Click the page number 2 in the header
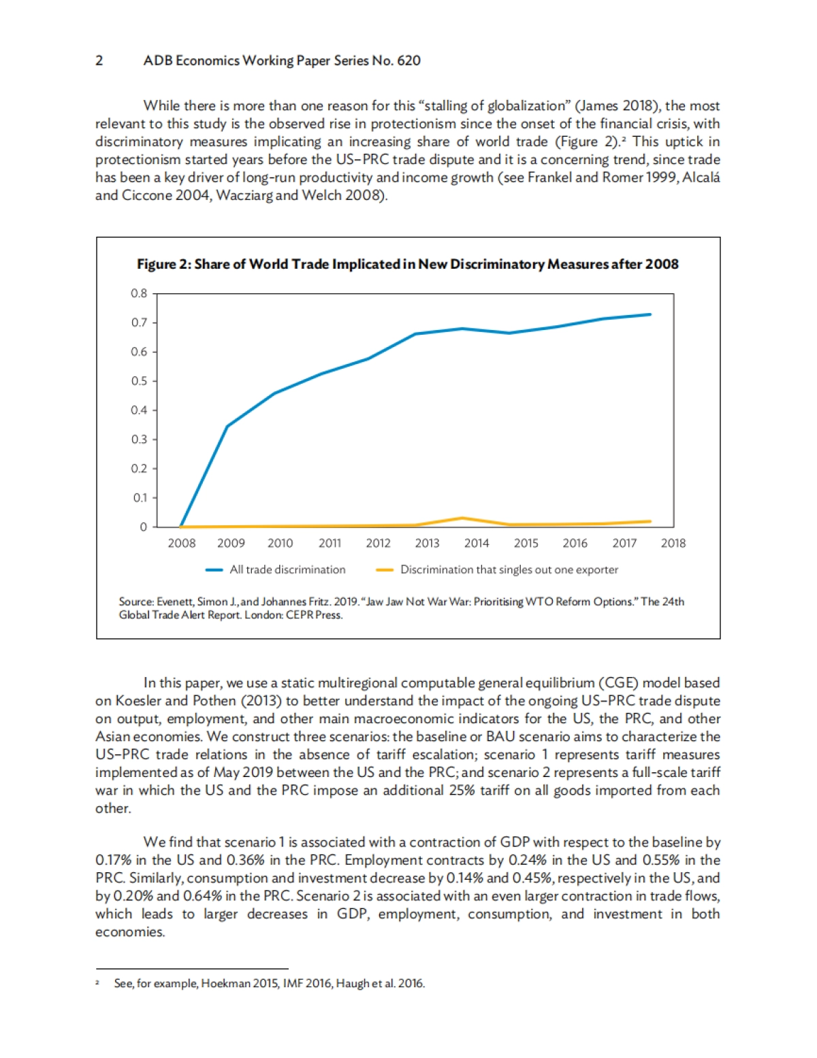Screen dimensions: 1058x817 point(99,61)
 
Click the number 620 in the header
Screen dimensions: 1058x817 point(408,61)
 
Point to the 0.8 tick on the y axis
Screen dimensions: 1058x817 point(139,293)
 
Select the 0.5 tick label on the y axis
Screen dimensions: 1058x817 point(139,381)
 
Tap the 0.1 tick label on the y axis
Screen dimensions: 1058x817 point(139,498)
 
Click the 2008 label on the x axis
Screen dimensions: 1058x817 point(182,543)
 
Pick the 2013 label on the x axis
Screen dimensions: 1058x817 point(427,543)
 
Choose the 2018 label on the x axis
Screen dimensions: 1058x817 point(673,543)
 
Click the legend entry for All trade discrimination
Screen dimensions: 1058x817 point(287,569)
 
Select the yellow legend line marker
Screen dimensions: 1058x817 point(385,570)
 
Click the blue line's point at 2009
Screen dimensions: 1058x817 point(227,427)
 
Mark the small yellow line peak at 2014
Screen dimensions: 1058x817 point(463,518)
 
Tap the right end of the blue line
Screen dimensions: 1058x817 point(650,314)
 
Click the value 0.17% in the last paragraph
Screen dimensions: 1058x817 point(113,860)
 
